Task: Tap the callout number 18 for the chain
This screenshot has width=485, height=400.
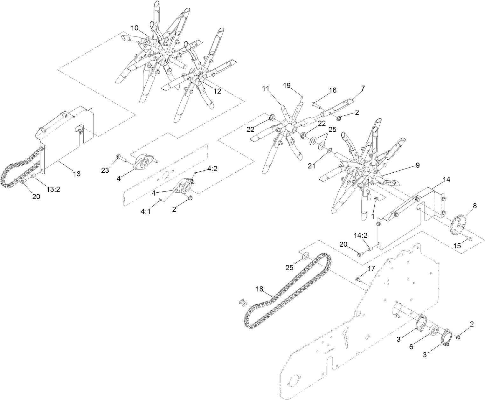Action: tap(260, 289)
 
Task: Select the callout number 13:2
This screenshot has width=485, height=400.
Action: tap(53, 190)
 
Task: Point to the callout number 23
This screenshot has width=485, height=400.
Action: tap(105, 170)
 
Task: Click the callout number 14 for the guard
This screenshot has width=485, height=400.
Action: tap(447, 179)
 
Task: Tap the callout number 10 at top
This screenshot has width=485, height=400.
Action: tap(135, 28)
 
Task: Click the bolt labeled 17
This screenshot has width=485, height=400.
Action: tap(358, 280)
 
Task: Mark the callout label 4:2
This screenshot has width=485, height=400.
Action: tap(212, 169)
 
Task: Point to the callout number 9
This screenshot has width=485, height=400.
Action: tap(417, 165)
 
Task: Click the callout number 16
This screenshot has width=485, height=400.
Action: tap(332, 90)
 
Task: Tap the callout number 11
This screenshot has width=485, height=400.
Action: tap(266, 89)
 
